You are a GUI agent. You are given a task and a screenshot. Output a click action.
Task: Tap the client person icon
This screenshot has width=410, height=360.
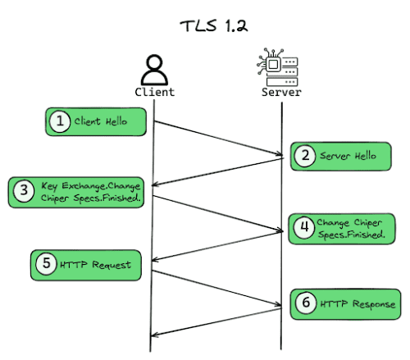coord(153,68)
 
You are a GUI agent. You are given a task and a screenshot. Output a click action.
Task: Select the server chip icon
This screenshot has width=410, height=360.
coord(280,66)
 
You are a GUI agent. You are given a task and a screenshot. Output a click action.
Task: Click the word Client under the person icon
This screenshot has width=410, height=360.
coord(154,92)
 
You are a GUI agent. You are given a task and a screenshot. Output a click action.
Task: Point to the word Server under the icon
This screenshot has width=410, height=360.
coord(281,92)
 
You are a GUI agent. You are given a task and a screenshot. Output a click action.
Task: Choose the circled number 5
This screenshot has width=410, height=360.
coord(46,264)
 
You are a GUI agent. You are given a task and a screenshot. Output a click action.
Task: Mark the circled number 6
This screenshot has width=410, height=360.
coord(305,303)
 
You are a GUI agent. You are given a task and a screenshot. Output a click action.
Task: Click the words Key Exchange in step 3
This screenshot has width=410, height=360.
coord(68,186)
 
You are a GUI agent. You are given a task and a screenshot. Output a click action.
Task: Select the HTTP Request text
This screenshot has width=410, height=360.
coord(98,264)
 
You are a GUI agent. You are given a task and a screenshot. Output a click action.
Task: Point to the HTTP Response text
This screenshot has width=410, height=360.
coord(357,304)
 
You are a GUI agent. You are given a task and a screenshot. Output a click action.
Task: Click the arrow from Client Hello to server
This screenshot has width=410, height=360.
coord(217,138)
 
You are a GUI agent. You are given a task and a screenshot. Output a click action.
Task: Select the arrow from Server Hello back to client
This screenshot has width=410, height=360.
coord(217,172)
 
